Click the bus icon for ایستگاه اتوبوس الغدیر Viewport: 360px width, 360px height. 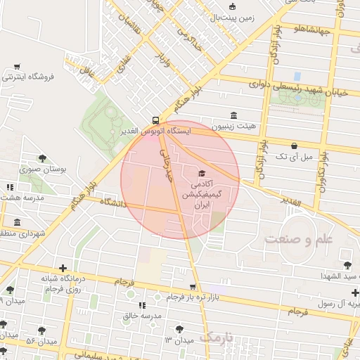point(155,120)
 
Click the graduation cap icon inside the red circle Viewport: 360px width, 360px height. point(202,173)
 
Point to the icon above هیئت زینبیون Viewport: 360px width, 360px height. point(233,116)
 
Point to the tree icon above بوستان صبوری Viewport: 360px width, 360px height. point(43,158)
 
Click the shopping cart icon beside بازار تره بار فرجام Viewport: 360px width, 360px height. point(193,287)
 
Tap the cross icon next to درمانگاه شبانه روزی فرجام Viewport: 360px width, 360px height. point(64,268)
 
